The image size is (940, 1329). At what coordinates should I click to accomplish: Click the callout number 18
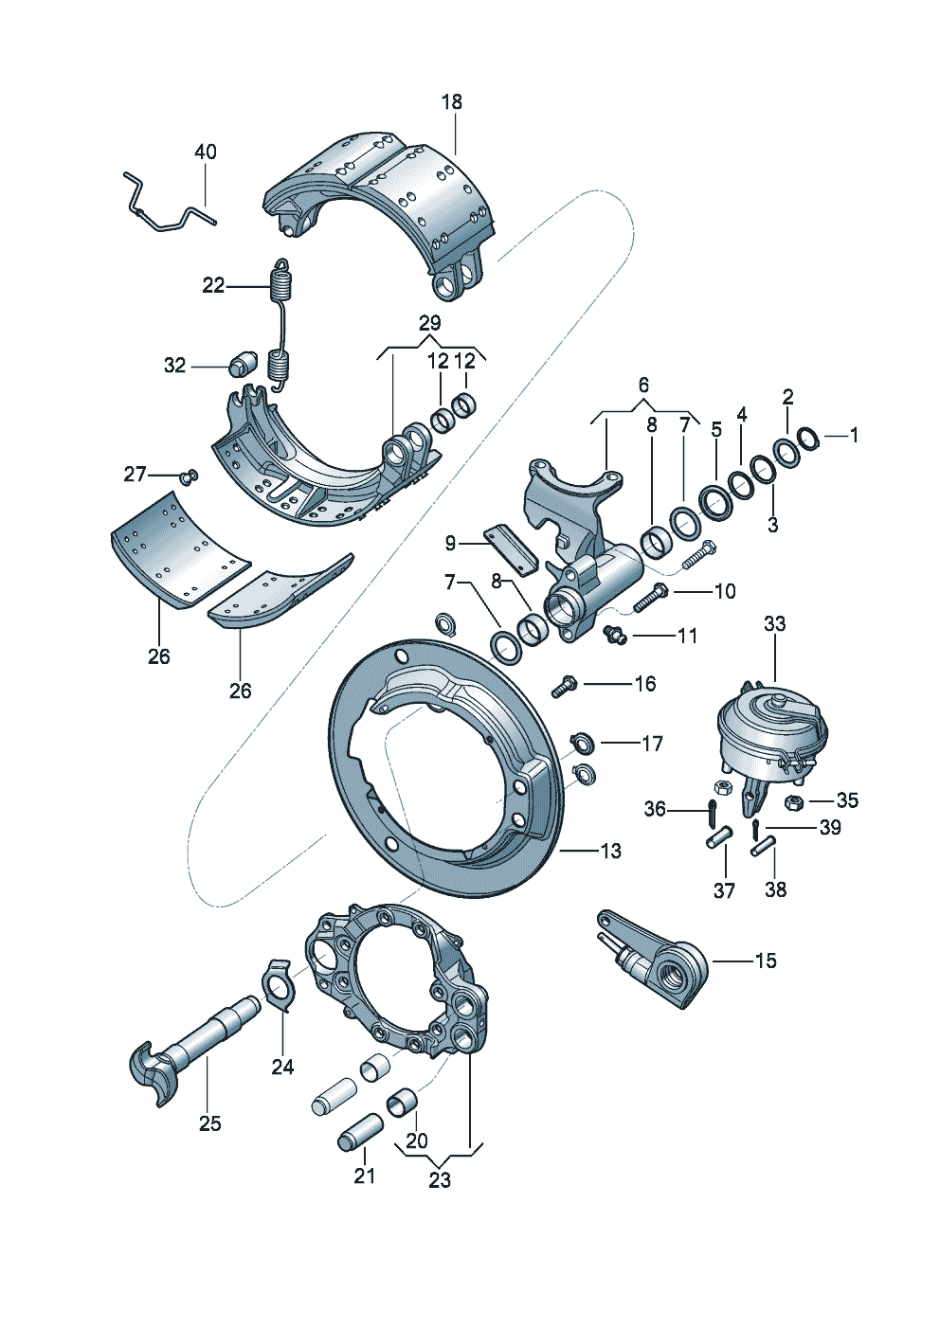[x=452, y=101]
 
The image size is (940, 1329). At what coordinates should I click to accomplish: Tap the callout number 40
[x=206, y=152]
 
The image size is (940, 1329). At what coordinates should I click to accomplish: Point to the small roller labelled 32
[x=242, y=363]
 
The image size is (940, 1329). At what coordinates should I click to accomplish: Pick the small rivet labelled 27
[x=190, y=476]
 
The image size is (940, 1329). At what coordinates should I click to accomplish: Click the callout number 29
[x=429, y=323]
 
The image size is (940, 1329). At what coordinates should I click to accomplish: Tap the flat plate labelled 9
[x=511, y=550]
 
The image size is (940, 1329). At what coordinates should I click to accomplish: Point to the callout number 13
[x=610, y=851]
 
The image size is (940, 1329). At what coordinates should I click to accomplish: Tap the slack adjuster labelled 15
[x=653, y=960]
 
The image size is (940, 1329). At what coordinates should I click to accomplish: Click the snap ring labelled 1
[x=810, y=438]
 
